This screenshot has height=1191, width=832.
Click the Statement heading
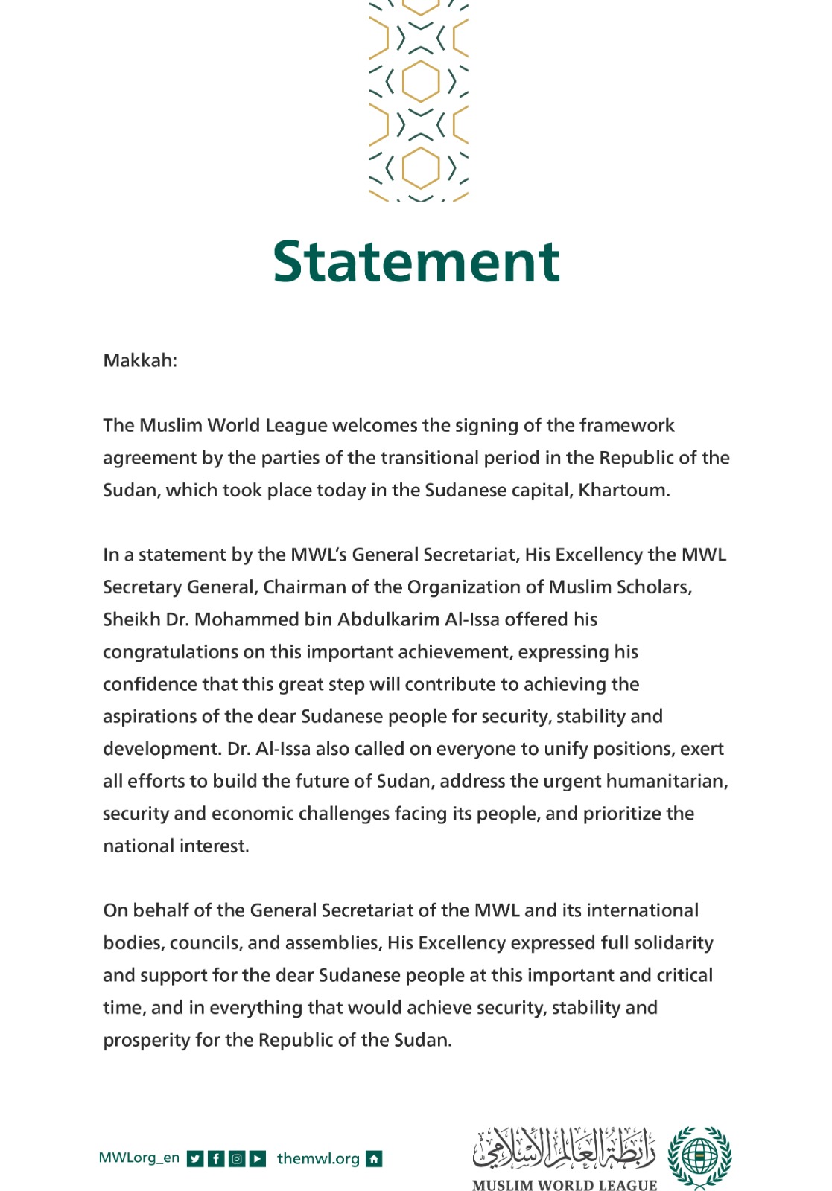[x=416, y=262]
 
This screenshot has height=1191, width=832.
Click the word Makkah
[x=139, y=361]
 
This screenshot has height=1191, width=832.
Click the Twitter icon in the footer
[x=195, y=1159]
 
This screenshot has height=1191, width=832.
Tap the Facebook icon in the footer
[x=216, y=1159]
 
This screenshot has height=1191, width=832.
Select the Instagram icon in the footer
[x=237, y=1159]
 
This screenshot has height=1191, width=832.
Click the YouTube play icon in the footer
[x=258, y=1159]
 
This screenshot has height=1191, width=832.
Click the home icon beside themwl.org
[x=374, y=1159]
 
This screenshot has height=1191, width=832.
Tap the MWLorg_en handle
[x=139, y=1158]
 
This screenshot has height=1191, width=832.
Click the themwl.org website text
[x=318, y=1159]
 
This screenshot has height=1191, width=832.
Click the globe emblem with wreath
[x=699, y=1157]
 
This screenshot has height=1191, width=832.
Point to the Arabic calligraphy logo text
[x=564, y=1148]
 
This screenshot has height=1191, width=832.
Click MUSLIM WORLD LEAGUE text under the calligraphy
[x=564, y=1184]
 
